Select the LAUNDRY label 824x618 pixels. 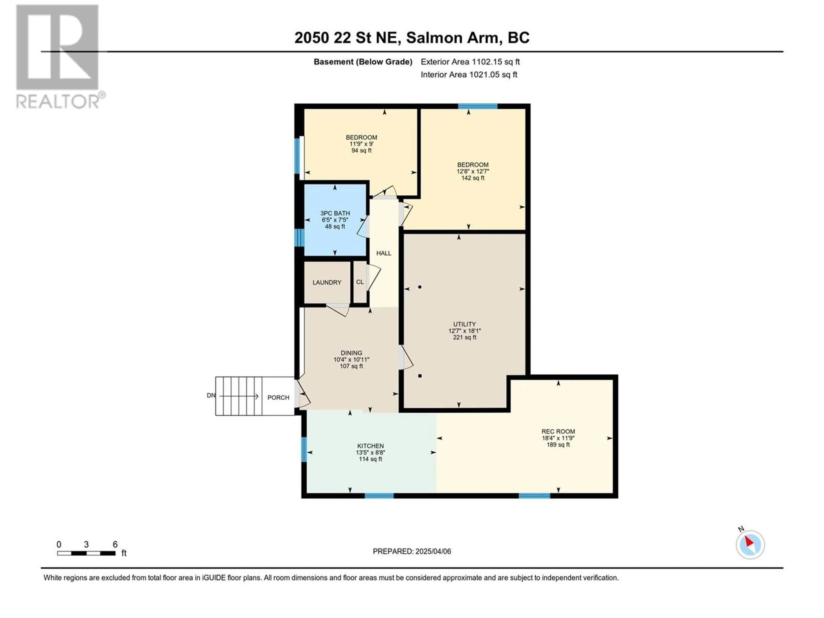point(327,282)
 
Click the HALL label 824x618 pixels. point(384,253)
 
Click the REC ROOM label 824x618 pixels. point(558,431)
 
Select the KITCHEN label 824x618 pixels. point(370,446)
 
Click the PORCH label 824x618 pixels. point(278,397)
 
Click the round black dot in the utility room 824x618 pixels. point(420,287)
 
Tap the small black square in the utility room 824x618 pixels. point(420,376)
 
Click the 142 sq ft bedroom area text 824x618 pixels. point(473,178)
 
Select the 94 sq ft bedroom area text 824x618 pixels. point(361,150)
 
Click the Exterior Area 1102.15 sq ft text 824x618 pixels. point(470,62)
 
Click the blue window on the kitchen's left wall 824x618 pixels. point(304,449)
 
